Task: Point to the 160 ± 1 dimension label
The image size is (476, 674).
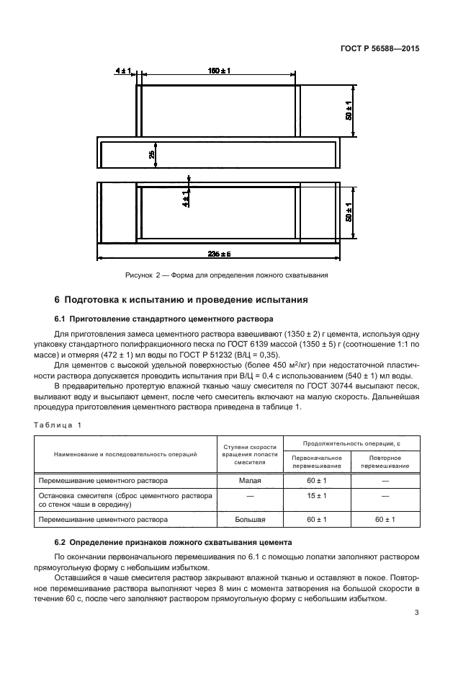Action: (x=219, y=70)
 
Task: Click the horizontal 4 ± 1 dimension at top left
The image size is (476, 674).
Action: (x=121, y=70)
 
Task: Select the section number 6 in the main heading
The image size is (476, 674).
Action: (x=58, y=299)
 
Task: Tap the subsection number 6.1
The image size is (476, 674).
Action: (x=60, y=319)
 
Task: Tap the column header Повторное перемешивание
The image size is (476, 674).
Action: (x=385, y=461)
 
